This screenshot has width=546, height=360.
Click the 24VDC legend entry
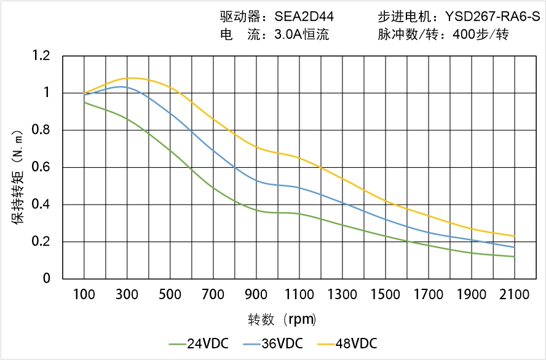[x=199, y=343]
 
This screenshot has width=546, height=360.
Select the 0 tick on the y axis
[x=47, y=278]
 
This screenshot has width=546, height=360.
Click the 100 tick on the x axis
[x=84, y=295]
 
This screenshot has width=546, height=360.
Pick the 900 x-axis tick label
[x=256, y=295]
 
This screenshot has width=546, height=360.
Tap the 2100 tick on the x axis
[x=514, y=295]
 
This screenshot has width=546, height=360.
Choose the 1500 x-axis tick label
[x=385, y=295]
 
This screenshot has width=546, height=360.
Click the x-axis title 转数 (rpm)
[x=282, y=319]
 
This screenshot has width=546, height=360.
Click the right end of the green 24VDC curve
[x=514, y=256]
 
